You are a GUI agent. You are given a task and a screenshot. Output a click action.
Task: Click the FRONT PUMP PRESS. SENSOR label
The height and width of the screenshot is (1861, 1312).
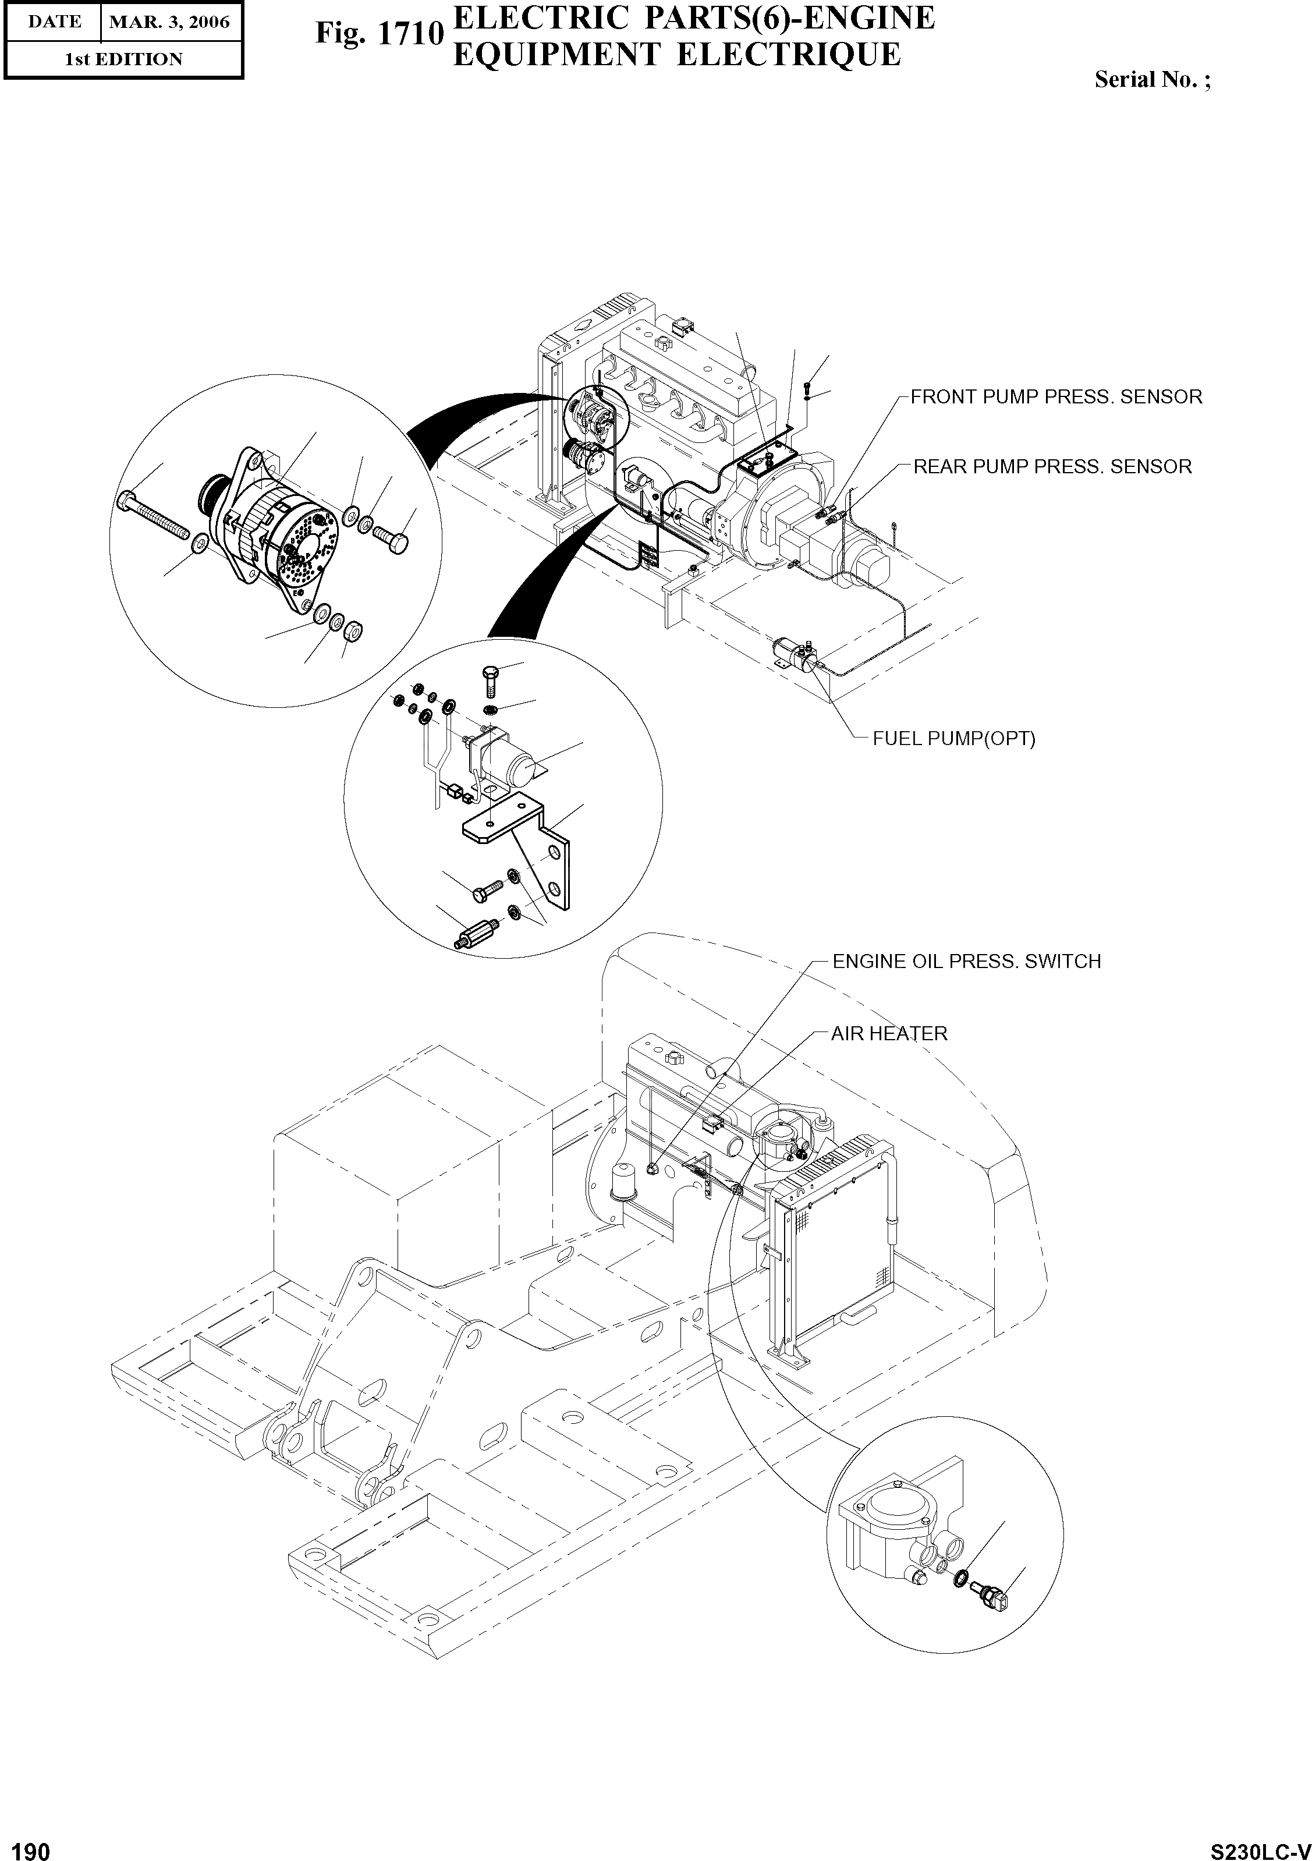tap(1055, 397)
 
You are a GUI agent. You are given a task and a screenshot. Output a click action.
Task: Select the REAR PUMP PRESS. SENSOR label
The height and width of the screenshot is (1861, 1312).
tap(1052, 467)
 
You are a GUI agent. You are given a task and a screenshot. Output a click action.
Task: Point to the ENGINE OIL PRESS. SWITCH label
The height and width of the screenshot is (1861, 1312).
tap(966, 961)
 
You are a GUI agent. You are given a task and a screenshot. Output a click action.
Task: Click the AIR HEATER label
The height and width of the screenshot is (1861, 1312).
tap(889, 1033)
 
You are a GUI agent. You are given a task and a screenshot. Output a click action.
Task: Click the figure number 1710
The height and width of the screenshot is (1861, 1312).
tap(380, 34)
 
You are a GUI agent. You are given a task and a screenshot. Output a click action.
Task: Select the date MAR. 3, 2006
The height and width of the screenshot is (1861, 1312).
tap(169, 22)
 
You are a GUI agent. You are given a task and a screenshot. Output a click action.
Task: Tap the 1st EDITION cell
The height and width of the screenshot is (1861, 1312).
tap(123, 59)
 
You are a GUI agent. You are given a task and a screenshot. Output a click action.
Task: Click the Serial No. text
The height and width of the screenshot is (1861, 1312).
tap(1151, 79)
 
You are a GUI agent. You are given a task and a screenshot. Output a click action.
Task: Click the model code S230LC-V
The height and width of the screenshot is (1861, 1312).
tap(1260, 1846)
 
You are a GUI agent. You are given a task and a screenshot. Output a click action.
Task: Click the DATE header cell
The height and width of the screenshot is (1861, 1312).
tap(54, 22)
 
